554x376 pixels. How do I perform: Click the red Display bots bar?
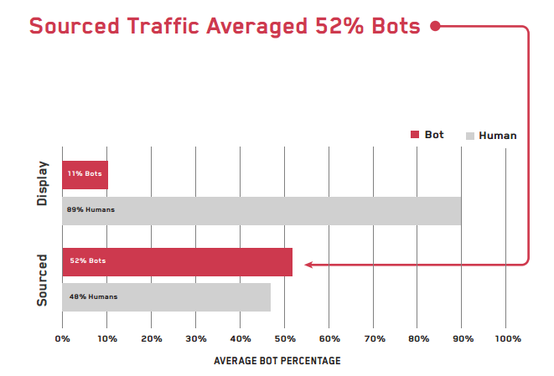pos(85,174)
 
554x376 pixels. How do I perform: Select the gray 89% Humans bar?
pos(261,210)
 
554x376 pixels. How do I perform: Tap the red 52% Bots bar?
pos(178,261)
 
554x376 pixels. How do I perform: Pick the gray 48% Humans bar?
pos(166,297)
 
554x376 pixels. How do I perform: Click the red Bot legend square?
pos(414,135)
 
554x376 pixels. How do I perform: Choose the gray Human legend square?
pos(470,136)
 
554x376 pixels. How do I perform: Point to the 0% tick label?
pos(62,339)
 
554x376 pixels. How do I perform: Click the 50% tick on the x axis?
pos(285,339)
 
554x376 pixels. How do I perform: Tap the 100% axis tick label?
pos(508,339)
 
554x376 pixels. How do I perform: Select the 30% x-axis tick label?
pos(195,339)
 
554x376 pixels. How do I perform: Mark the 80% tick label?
pos(418,339)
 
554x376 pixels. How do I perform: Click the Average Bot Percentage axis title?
pos(277,361)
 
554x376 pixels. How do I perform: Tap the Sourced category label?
pos(43,278)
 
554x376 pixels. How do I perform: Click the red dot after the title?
pos(435,26)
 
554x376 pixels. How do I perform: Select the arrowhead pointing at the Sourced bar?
pos(308,265)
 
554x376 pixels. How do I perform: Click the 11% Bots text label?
pos(85,174)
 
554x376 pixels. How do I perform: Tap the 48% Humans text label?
pos(93,297)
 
